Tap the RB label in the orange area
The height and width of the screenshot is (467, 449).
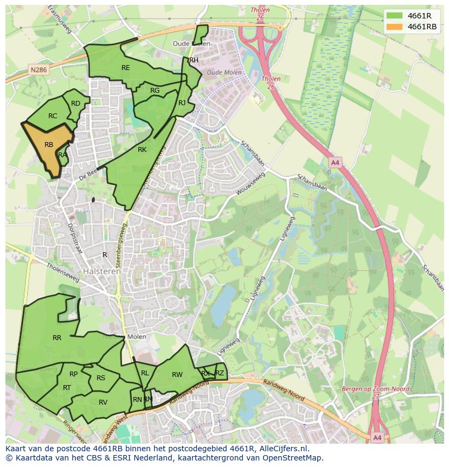[x=49, y=145]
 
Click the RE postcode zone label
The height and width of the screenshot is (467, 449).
[x=126, y=68]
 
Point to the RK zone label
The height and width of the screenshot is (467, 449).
[x=142, y=150]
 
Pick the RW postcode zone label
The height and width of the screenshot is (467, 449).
[x=177, y=375]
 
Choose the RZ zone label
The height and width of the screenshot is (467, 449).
[x=220, y=373]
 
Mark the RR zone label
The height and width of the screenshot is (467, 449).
[x=57, y=338]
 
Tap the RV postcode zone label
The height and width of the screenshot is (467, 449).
[x=103, y=402]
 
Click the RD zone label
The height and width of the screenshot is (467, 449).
[x=75, y=104]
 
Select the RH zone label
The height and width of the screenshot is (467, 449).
[x=194, y=60]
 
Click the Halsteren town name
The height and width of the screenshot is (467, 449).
[x=102, y=271]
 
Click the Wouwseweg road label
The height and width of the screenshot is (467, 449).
[x=250, y=184]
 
